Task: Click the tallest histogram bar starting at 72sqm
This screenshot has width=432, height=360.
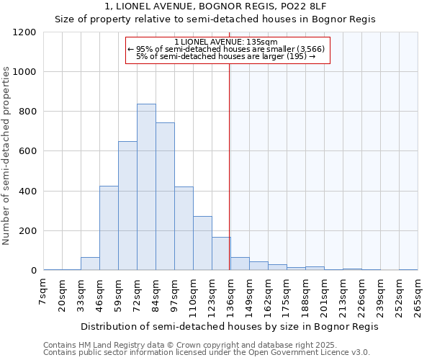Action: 146,187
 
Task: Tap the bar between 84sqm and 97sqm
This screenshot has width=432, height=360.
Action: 165,197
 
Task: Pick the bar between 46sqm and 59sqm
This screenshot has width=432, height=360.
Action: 109,228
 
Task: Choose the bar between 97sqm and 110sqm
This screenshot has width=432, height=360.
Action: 184,228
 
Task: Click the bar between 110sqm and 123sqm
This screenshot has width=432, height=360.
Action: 202,243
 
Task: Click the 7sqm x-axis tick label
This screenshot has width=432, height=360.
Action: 43,292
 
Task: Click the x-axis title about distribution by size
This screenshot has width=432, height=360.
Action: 229,326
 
